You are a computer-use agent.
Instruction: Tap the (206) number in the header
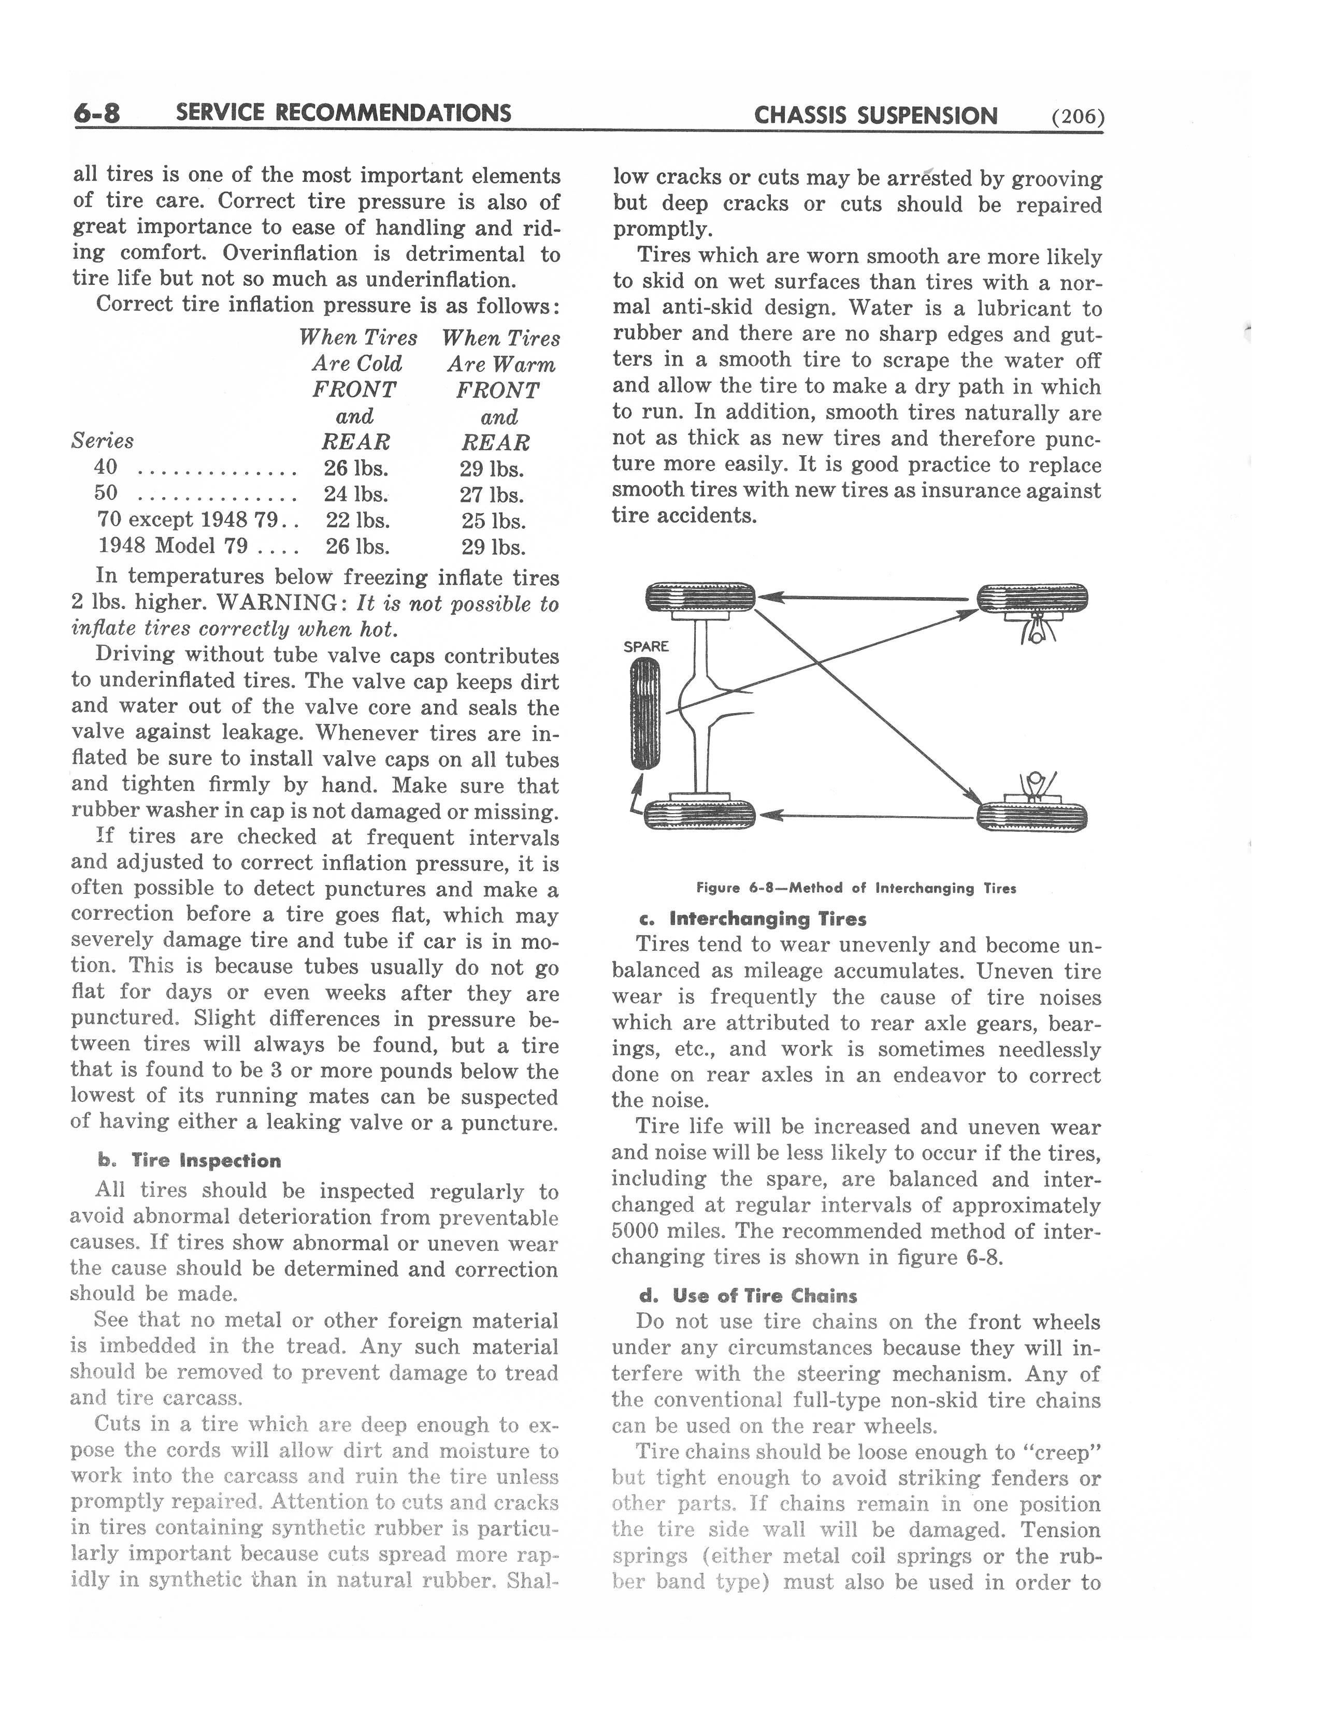(1078, 118)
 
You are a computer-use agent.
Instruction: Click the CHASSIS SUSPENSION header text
(875, 116)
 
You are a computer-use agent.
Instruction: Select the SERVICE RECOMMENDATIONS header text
(343, 113)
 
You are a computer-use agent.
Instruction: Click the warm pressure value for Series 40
(492, 469)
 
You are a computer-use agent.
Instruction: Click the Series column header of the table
(103, 441)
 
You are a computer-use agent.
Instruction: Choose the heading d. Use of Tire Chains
(748, 1295)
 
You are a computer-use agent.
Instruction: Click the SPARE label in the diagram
(645, 646)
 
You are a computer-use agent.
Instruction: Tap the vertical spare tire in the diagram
(645, 713)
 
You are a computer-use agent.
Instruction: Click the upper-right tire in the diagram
(1032, 599)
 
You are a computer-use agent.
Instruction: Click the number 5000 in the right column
(635, 1231)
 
